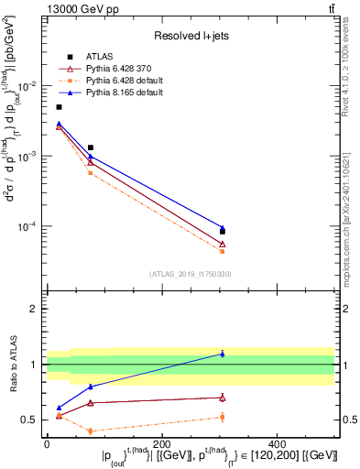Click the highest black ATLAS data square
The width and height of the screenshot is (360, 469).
coord(60,107)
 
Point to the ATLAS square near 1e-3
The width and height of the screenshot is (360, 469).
coord(90,147)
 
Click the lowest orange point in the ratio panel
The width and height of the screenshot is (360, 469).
coord(90,431)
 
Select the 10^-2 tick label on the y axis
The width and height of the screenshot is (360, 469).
coord(28,86)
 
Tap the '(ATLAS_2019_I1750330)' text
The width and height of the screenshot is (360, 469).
coord(191,274)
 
